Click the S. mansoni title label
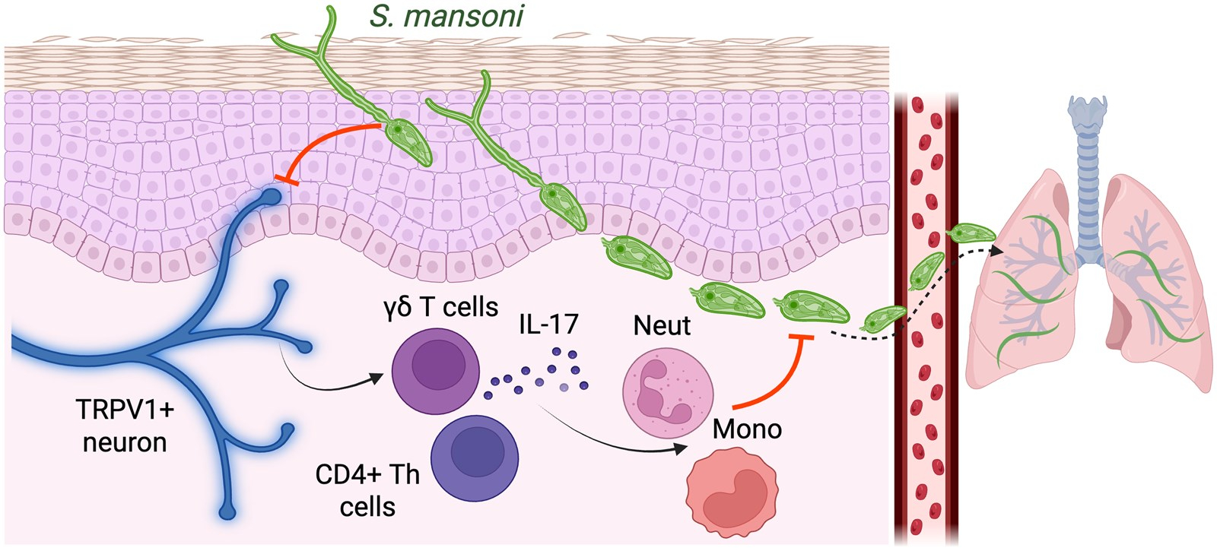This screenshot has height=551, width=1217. [446, 16]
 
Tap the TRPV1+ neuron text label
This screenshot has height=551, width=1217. [125, 426]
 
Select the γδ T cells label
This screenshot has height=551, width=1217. [441, 307]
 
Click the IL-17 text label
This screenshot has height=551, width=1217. [548, 325]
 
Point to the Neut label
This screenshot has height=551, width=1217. [662, 325]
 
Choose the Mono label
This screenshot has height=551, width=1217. [747, 429]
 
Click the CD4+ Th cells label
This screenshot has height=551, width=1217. [367, 490]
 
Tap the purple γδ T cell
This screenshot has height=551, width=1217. [436, 370]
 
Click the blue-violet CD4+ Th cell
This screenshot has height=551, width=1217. [475, 458]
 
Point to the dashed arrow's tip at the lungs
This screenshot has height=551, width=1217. [997, 249]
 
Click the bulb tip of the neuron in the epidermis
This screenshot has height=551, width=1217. [270, 197]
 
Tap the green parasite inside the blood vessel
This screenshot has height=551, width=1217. [926, 271]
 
